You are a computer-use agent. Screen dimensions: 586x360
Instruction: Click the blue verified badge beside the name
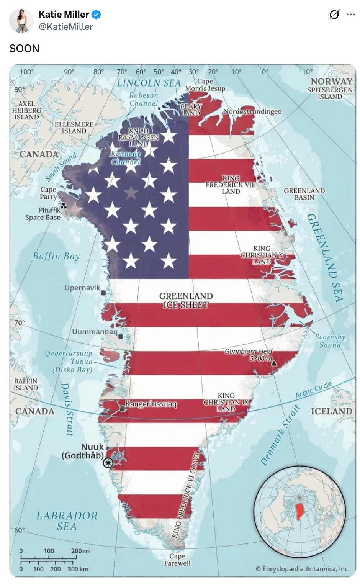(x=97, y=15)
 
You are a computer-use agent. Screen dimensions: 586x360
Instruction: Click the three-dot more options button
(x=350, y=15)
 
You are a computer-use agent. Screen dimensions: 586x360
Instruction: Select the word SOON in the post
(x=24, y=49)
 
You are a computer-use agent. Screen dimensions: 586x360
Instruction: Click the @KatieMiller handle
(x=65, y=26)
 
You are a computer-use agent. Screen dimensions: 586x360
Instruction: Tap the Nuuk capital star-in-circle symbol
(x=108, y=463)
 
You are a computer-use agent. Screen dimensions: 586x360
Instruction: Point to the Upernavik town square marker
(x=103, y=293)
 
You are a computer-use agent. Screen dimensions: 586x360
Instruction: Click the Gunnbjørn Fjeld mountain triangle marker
(x=274, y=362)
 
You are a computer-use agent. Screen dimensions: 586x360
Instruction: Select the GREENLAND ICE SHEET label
(x=186, y=300)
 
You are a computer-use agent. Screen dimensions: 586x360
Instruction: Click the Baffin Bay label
(x=56, y=256)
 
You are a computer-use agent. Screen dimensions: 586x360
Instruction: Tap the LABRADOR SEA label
(x=67, y=521)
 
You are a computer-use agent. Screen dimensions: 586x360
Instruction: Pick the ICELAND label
(x=331, y=411)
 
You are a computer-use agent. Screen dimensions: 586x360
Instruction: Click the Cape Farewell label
(x=177, y=560)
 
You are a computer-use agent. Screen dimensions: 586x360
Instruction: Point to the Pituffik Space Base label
(x=43, y=214)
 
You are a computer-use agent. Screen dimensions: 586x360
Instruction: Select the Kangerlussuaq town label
(x=151, y=404)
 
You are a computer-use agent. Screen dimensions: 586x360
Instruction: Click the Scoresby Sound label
(x=330, y=340)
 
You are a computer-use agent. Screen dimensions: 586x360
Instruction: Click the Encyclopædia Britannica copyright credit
(x=302, y=569)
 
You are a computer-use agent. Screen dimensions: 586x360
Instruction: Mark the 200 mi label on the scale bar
(x=81, y=551)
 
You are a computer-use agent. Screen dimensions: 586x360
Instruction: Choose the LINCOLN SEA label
(x=149, y=83)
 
